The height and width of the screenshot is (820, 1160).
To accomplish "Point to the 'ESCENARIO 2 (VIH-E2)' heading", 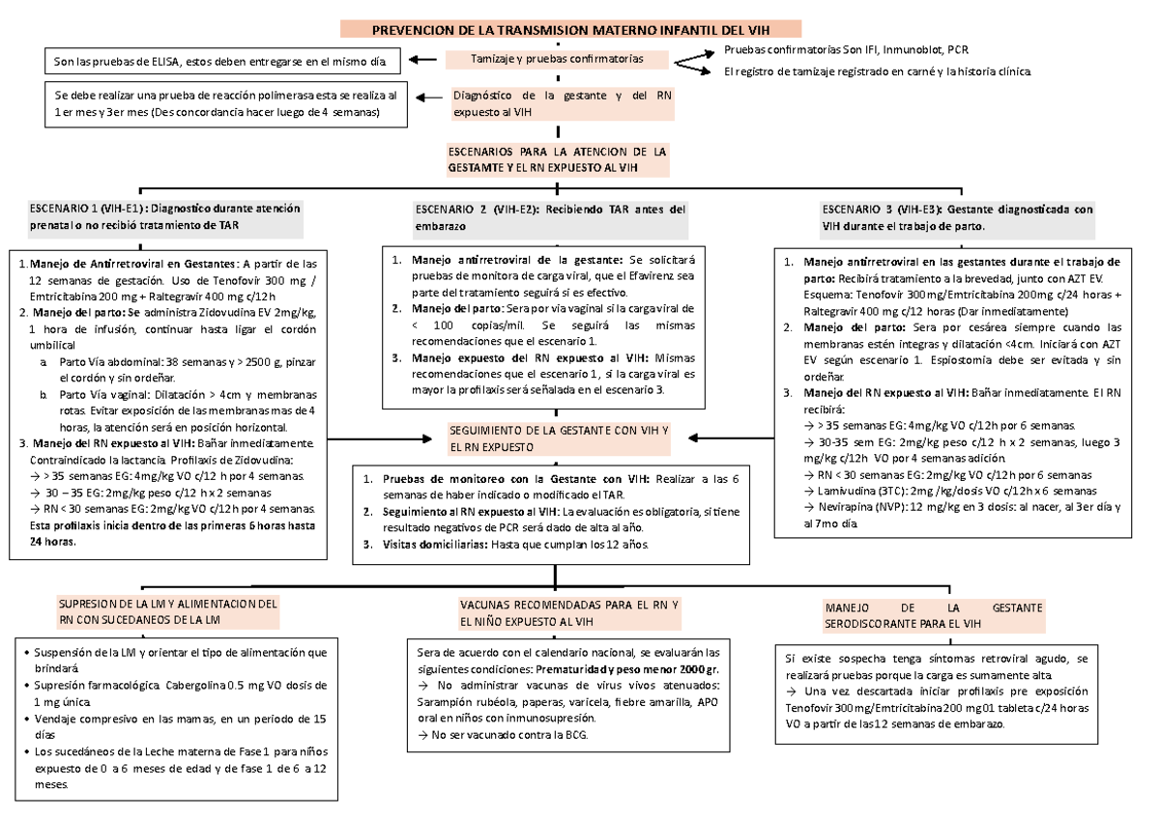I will (550, 216).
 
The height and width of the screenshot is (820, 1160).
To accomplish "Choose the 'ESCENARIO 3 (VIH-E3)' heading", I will (956, 216).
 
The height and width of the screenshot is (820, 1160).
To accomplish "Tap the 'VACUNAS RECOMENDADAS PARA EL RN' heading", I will (570, 611).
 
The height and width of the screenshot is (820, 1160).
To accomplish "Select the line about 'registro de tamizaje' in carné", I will (878, 71).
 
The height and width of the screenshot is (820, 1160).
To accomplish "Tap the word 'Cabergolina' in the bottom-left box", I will (199, 685).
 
